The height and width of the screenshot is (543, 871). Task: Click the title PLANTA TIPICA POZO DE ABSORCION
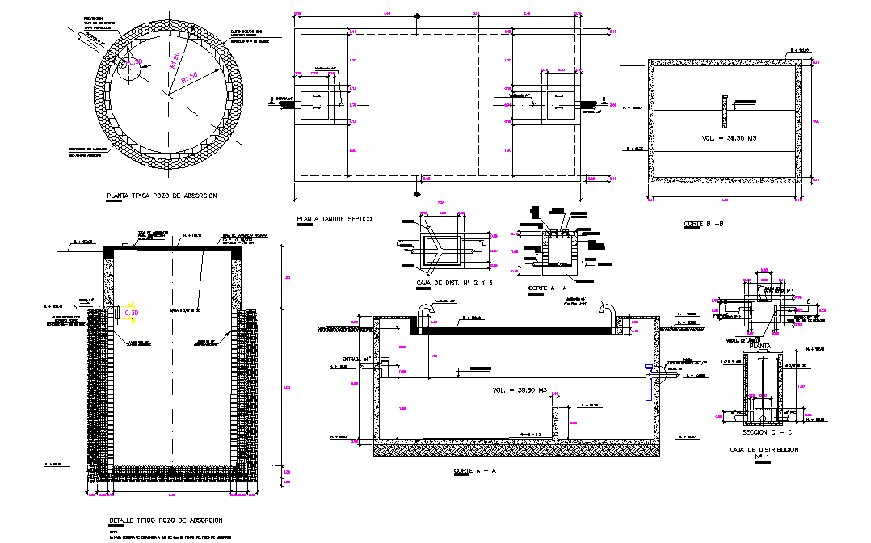point(162,196)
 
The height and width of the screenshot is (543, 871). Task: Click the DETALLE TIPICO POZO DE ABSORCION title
point(165,520)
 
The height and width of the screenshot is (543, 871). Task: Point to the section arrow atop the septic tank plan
point(417,16)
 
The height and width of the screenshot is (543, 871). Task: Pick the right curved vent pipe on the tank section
point(608,313)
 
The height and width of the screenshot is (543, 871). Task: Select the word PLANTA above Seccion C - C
point(759,345)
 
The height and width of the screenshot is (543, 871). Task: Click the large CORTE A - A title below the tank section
point(474,469)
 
